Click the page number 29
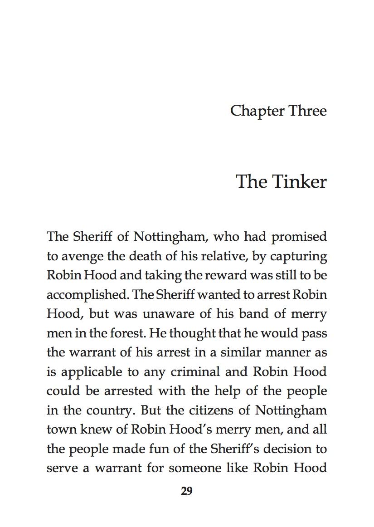[x=187, y=491]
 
